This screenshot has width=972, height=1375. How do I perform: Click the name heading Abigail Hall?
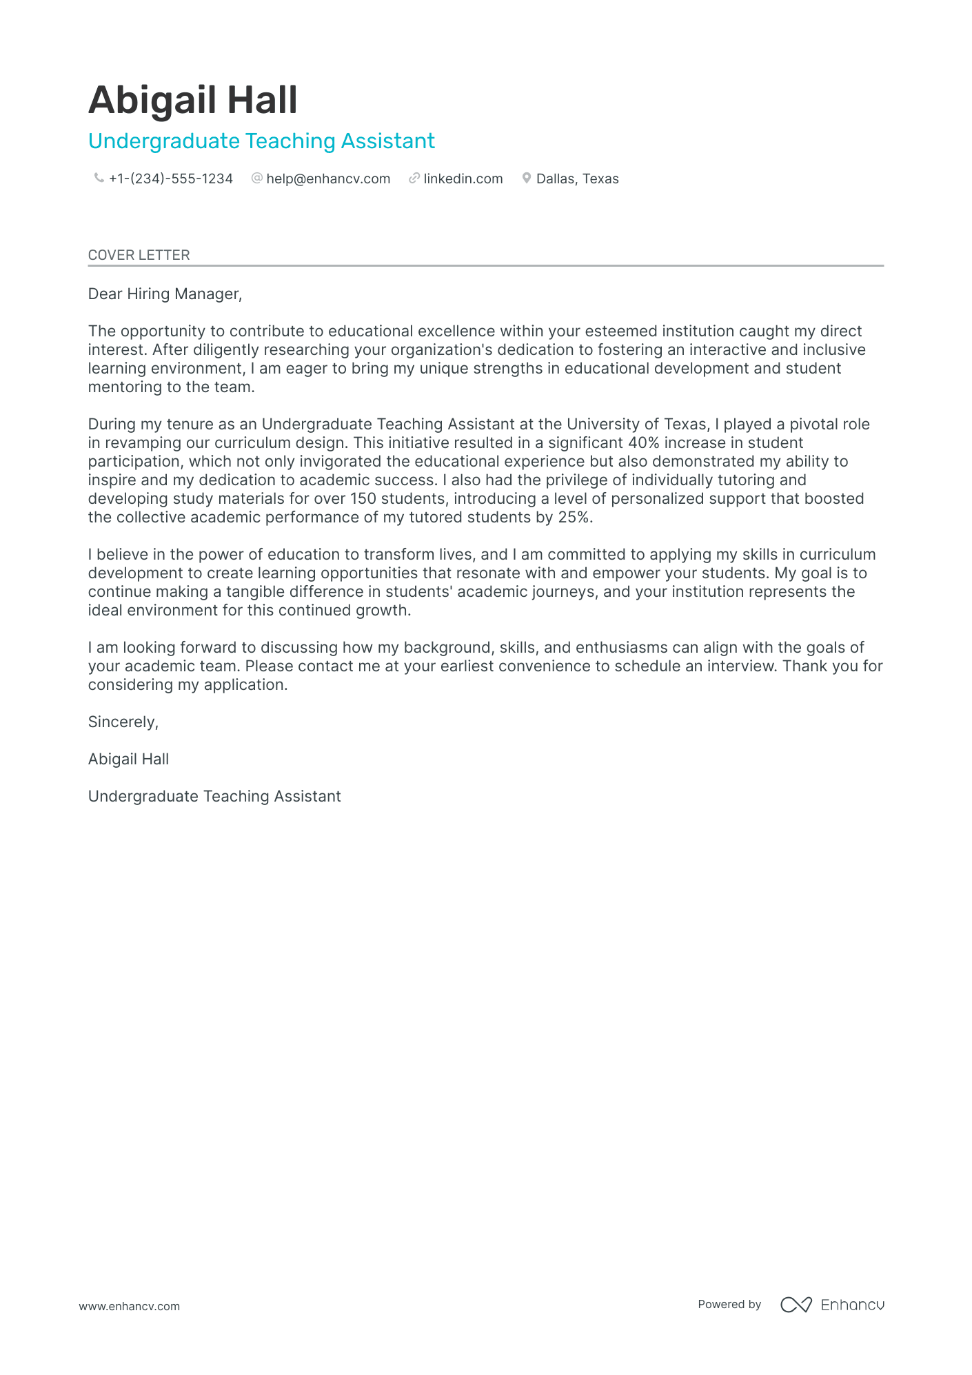click(192, 100)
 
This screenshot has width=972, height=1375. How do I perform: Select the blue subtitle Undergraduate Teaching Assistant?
click(261, 141)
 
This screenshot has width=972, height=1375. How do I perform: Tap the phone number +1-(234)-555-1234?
click(170, 179)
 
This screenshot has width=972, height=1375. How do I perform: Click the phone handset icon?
click(99, 179)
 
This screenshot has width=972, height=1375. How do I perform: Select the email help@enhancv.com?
click(328, 179)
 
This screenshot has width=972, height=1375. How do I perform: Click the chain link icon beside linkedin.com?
click(414, 179)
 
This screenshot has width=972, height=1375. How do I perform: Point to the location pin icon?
click(527, 179)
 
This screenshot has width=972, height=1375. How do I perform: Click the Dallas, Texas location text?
click(577, 179)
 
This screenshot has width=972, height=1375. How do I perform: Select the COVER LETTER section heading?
click(139, 255)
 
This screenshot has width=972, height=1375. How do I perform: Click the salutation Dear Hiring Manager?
click(165, 294)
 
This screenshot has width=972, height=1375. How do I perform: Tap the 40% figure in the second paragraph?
click(643, 443)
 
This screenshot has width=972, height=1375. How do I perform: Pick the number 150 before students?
click(363, 499)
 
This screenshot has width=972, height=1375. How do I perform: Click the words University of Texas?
click(637, 425)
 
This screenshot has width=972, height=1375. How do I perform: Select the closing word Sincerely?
click(123, 722)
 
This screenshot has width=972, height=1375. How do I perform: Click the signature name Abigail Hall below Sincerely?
click(128, 760)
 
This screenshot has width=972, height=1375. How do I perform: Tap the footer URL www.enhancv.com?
click(129, 1307)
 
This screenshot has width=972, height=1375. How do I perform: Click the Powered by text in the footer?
click(729, 1305)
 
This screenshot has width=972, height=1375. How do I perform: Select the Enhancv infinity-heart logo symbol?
click(796, 1305)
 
